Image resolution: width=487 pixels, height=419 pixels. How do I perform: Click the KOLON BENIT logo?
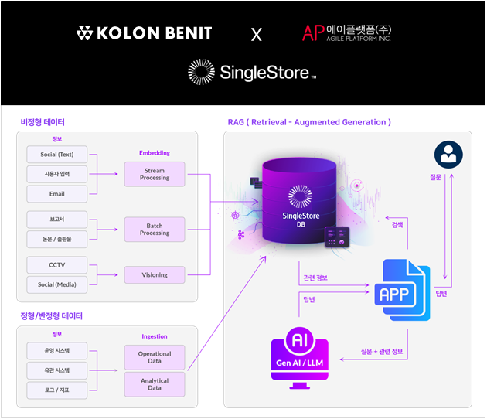[144, 33]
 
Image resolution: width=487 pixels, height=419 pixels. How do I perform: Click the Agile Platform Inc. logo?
[346, 32]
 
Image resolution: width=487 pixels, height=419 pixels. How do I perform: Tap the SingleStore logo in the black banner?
[252, 73]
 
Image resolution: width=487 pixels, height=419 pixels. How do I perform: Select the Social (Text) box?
[57, 154]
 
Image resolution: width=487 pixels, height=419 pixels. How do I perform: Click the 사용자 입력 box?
[57, 174]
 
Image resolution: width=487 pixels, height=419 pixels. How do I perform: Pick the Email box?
[57, 193]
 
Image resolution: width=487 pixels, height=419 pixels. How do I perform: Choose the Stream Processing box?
[155, 174]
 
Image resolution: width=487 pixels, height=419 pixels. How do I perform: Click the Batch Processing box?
[155, 229]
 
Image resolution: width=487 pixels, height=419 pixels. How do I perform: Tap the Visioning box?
[155, 274]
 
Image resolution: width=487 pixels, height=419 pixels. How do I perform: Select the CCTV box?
[57, 264]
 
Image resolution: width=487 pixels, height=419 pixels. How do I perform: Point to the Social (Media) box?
[57, 284]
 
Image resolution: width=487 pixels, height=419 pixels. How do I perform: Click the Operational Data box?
[155, 357]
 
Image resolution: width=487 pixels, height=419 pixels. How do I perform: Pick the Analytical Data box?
[155, 384]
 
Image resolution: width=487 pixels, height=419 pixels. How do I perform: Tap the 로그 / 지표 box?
[57, 390]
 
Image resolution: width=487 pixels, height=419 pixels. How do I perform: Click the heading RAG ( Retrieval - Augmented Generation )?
[309, 122]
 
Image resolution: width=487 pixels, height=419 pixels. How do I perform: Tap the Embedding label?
[155, 152]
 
